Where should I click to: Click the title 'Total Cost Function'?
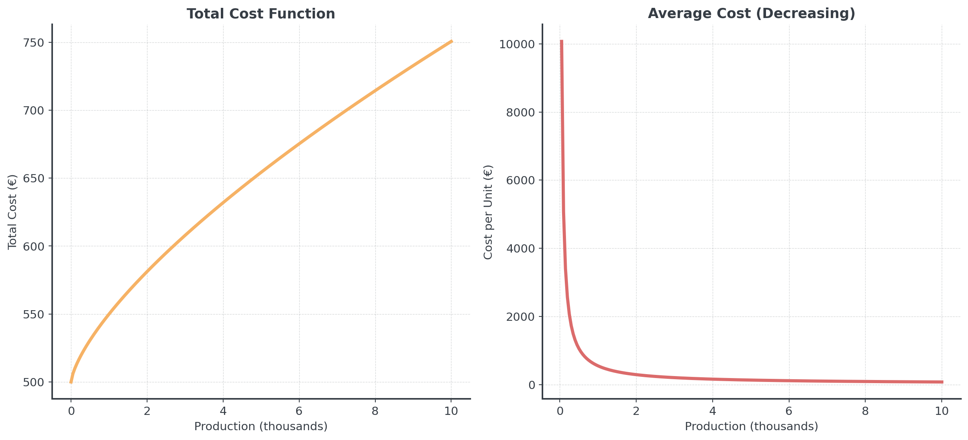click(x=261, y=14)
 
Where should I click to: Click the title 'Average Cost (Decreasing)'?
click(x=751, y=13)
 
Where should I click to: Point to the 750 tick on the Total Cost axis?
click(x=33, y=43)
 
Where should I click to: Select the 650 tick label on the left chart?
click(x=33, y=178)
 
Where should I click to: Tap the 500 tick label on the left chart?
click(x=33, y=382)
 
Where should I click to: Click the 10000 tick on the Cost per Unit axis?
click(x=517, y=44)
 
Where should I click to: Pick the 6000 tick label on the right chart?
click(x=520, y=180)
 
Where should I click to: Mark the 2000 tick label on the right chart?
click(x=520, y=317)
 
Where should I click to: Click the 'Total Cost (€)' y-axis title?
click(x=12, y=212)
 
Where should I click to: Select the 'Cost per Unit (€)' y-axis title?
click(x=488, y=212)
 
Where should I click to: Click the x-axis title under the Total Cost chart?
click(x=261, y=426)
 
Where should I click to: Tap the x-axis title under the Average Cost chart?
click(x=751, y=426)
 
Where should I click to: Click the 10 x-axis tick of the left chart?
click(x=451, y=411)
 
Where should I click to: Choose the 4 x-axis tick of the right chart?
click(x=713, y=411)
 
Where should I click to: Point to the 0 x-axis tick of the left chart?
click(x=71, y=411)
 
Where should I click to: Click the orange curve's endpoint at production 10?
click(x=451, y=41)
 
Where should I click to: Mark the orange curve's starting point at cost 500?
click(x=71, y=382)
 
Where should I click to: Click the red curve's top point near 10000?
click(x=561, y=41)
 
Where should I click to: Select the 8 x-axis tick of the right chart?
click(x=865, y=411)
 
